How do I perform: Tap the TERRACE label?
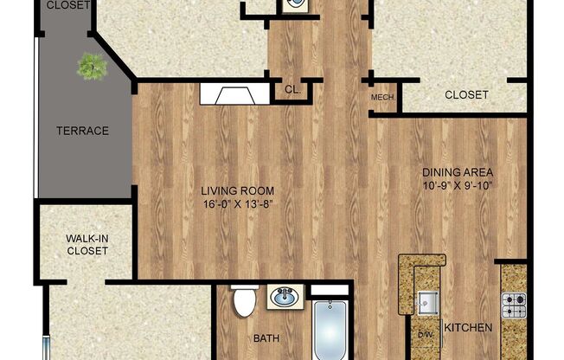(83, 131)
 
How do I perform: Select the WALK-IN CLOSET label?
(87, 244)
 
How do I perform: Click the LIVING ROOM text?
(238, 191)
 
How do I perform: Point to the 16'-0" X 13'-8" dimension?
(238, 204)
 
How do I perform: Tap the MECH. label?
(382, 98)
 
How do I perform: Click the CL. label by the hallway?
(292, 90)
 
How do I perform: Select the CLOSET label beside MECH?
(466, 95)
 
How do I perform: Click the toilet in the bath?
(244, 302)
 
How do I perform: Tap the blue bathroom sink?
(284, 299)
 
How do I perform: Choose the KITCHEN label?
(468, 328)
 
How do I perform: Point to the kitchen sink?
(426, 302)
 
